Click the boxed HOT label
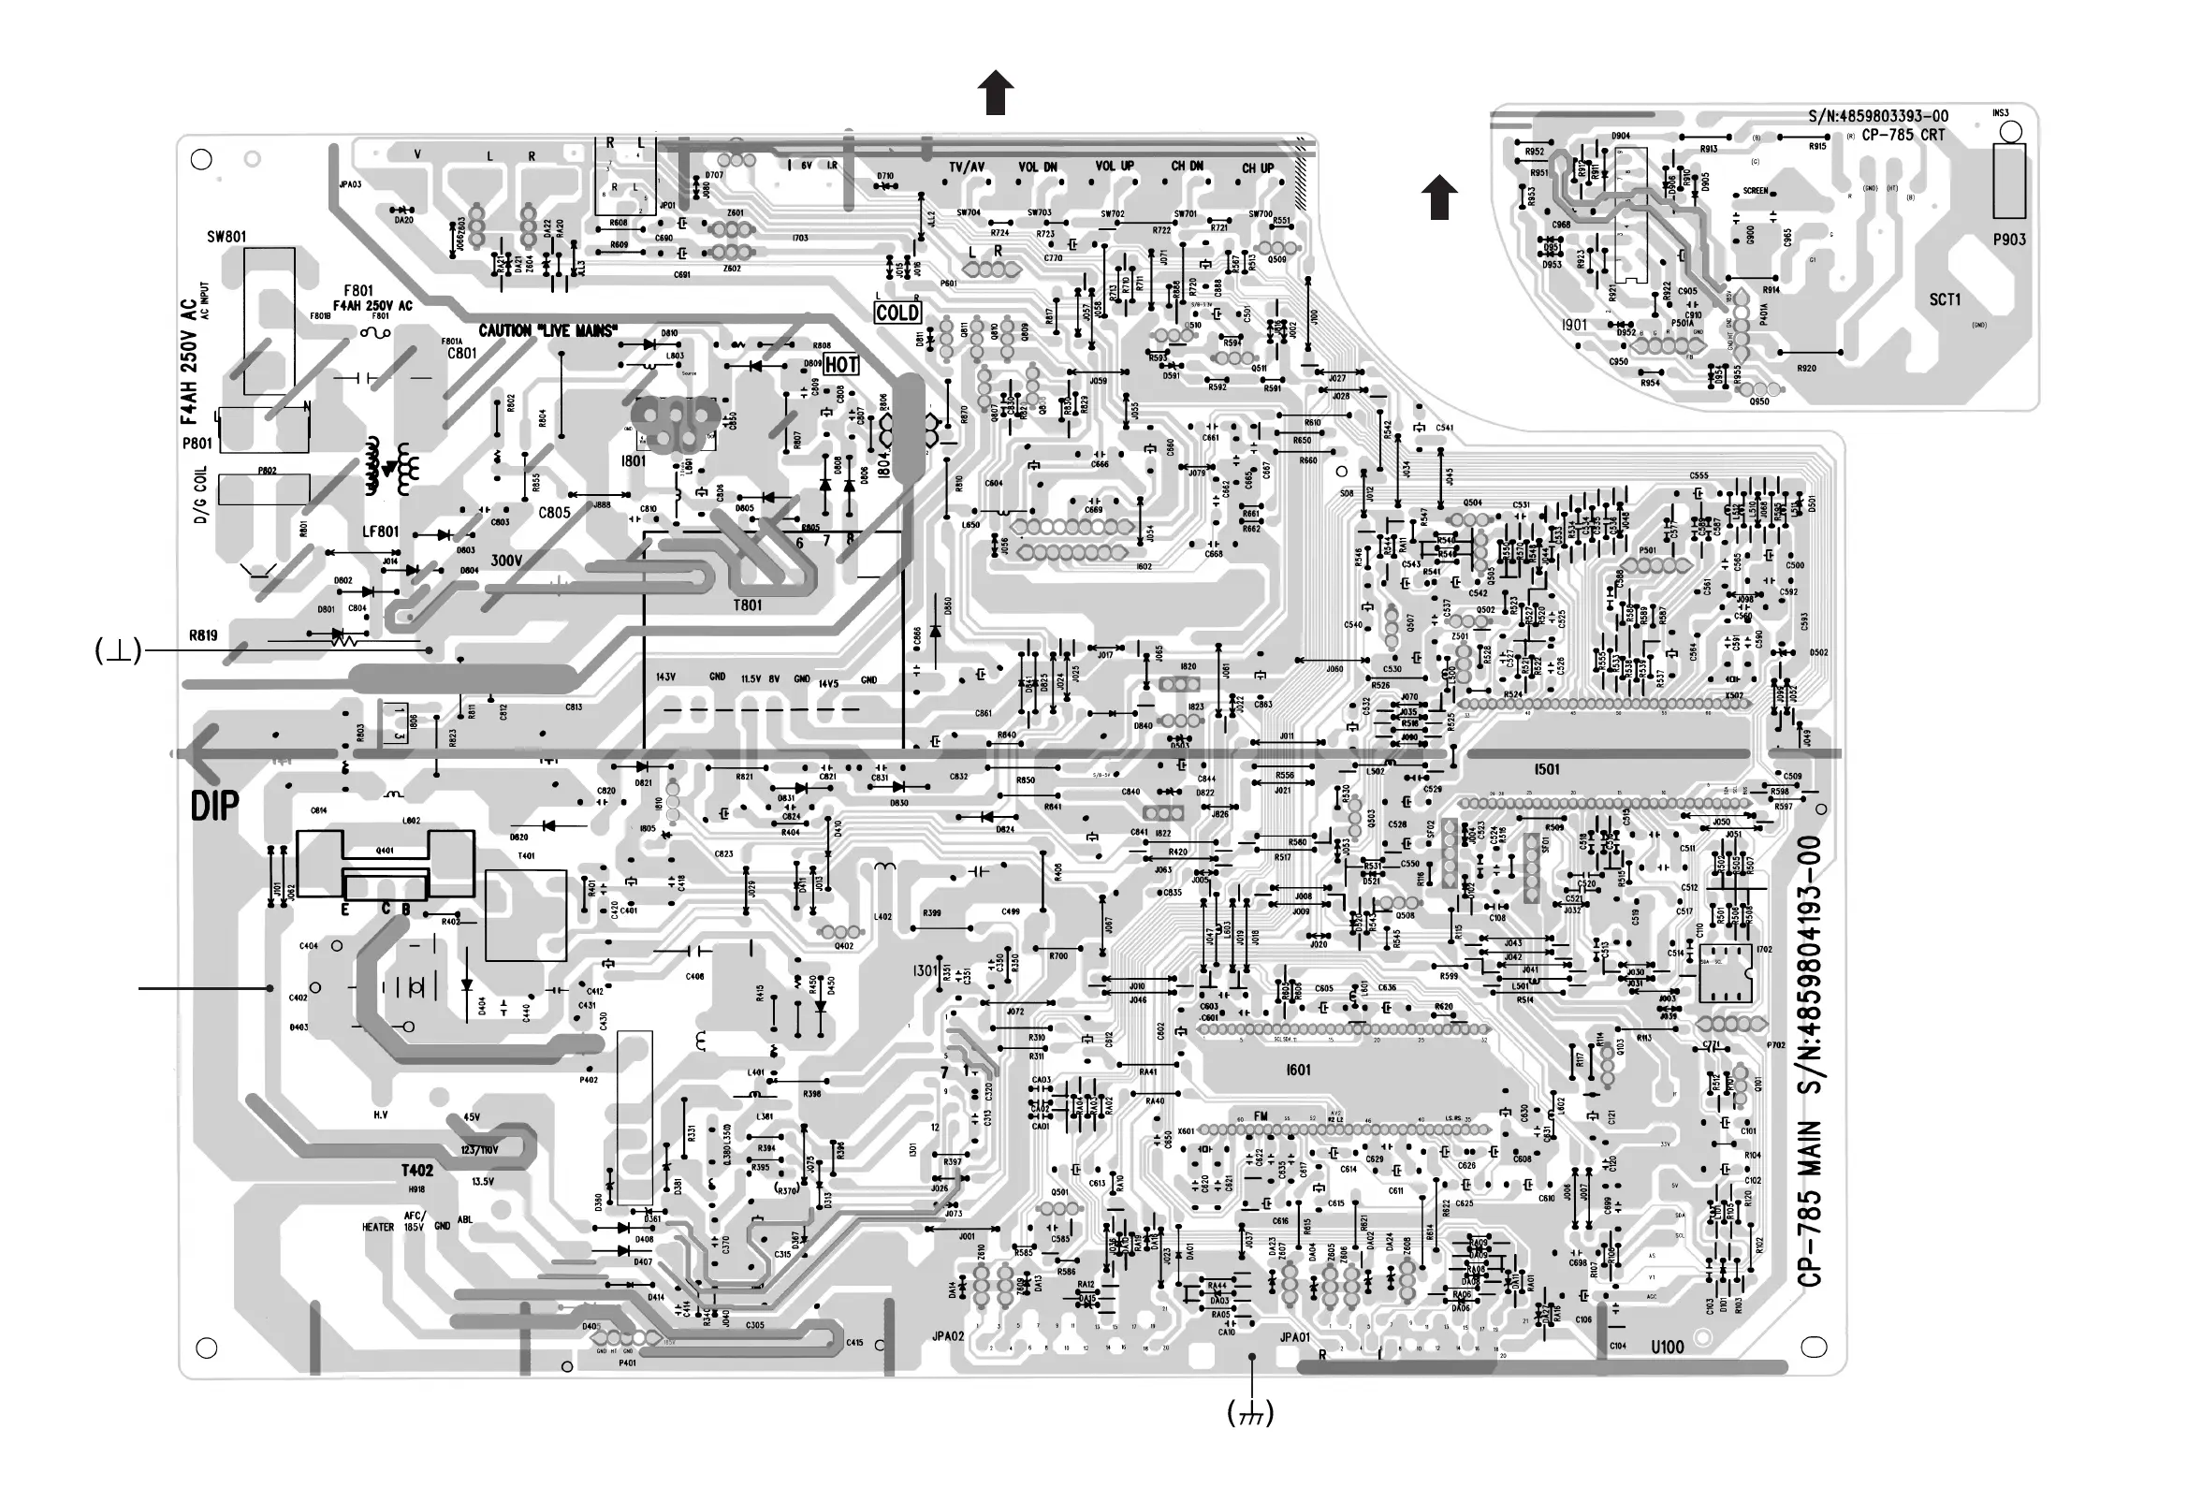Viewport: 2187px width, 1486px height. pos(841,365)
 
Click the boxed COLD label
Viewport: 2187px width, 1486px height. pos(897,313)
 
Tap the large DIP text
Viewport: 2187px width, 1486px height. pos(215,807)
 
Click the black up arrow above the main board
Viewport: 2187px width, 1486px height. pos(996,95)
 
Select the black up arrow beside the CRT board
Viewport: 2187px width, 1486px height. pos(1439,197)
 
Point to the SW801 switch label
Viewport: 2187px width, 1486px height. pos(226,237)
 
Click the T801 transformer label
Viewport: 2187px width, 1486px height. pos(748,605)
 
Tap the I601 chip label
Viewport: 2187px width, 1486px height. pos(1298,1070)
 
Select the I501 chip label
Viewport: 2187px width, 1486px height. pos(1547,769)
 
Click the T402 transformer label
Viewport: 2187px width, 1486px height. pos(416,1171)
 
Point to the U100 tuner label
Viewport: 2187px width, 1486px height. pos(1667,1348)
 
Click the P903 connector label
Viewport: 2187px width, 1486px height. pos(2009,240)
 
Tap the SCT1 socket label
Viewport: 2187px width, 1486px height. pos(1946,300)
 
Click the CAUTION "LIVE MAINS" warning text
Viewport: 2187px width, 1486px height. pos(547,331)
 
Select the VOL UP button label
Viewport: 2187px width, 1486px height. pos(1115,167)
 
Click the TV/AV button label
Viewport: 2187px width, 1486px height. pos(967,168)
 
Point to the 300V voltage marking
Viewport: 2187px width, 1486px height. pos(506,561)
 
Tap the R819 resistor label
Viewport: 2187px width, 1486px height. pos(203,635)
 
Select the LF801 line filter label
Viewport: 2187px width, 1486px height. pos(380,532)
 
